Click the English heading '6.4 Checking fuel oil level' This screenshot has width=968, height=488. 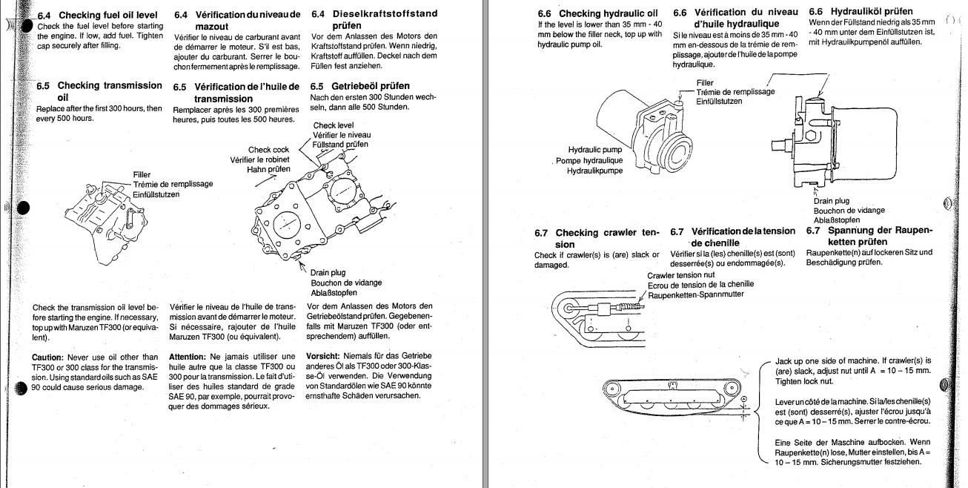pyautogui.click(x=99, y=15)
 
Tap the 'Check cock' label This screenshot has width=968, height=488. pyautogui.click(x=268, y=149)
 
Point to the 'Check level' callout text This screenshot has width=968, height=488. pyautogui.click(x=334, y=125)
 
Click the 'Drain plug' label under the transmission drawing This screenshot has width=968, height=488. pyautogui.click(x=331, y=272)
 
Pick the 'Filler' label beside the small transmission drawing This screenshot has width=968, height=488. pyautogui.click(x=142, y=175)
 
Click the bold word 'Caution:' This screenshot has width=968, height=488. pyautogui.click(x=52, y=357)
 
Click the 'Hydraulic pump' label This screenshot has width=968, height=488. pyautogui.click(x=595, y=150)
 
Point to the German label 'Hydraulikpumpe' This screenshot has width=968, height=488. pyautogui.click(x=595, y=171)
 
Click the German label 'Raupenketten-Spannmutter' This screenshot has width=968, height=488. pyautogui.click(x=696, y=294)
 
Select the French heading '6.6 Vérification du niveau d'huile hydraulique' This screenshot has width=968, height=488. pyautogui.click(x=735, y=19)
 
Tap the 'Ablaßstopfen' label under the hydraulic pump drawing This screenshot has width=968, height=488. pyautogui.click(x=837, y=220)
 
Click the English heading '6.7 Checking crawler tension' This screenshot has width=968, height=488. pyautogui.click(x=597, y=238)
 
